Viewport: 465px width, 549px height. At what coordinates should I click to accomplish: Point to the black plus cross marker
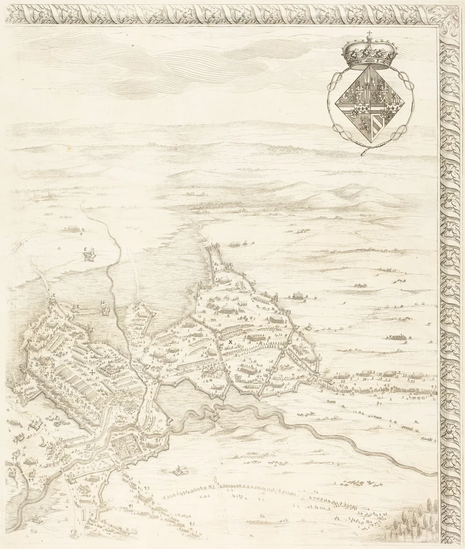coord(92,372)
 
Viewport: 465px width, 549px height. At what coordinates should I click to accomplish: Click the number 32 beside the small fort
coord(102,302)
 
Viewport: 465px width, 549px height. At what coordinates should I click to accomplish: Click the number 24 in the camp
coord(39,341)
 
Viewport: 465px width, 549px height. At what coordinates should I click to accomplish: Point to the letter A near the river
coord(10,469)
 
